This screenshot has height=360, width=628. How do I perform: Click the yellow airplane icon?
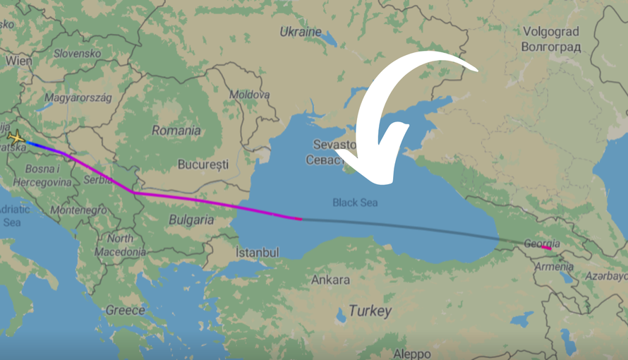[x=16, y=138]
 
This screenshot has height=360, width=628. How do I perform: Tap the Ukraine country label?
[x=301, y=32]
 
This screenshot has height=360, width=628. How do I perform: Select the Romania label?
[x=176, y=131]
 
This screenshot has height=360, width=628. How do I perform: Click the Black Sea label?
[x=355, y=203]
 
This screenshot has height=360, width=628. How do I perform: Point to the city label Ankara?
[x=330, y=280]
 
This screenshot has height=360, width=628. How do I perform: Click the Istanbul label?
[x=258, y=253]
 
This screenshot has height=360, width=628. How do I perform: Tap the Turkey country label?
[x=369, y=311]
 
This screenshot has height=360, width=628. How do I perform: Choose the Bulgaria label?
[x=191, y=220]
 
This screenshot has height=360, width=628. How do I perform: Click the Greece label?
[x=125, y=310]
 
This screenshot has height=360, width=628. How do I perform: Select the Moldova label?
[x=249, y=94]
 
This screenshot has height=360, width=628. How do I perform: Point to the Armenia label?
[x=554, y=267]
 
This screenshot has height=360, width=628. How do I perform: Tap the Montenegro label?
[x=78, y=210]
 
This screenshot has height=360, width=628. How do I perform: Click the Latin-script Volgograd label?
[x=551, y=32]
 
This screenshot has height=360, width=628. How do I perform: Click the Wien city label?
[x=18, y=61]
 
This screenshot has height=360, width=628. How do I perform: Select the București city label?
[x=203, y=164]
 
